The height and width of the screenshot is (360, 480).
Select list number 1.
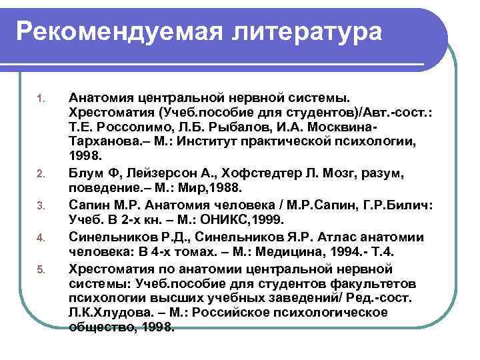tap(39, 101)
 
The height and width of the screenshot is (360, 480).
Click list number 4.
tap(39, 237)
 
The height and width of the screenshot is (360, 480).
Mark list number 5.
tap(39, 268)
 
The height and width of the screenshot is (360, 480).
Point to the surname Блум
tap(86, 173)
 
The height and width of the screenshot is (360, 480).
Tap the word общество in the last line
tap(99, 327)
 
